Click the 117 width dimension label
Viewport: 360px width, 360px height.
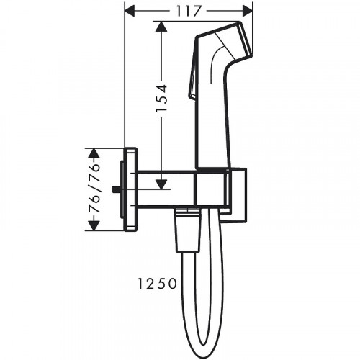189,11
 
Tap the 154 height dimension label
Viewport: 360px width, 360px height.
161,98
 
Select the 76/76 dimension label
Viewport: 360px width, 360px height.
94,189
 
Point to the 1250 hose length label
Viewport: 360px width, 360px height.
157,284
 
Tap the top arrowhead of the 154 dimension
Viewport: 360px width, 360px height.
161,27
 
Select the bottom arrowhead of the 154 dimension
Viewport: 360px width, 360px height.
161,184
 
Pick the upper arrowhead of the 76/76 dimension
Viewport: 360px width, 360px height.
94,153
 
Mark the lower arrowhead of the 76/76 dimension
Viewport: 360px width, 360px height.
94,225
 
